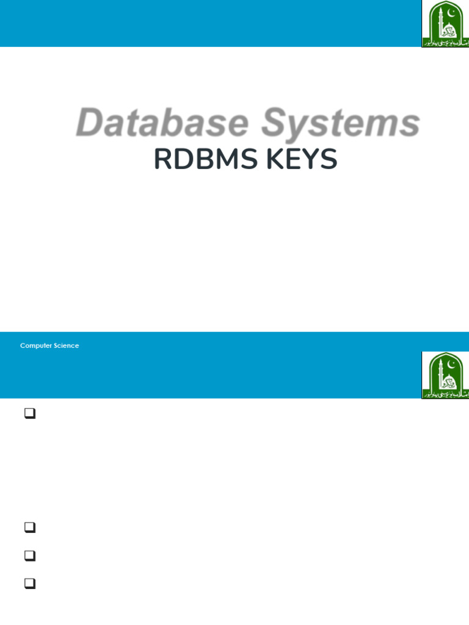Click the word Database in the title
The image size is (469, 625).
click(x=162, y=123)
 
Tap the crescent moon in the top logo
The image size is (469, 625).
click(x=453, y=11)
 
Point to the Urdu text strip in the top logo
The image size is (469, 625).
click(x=446, y=44)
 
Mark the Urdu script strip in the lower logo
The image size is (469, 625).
click(x=446, y=395)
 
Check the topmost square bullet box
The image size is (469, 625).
click(x=28, y=414)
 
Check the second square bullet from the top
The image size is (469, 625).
click(x=28, y=528)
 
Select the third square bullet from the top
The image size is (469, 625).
click(x=28, y=556)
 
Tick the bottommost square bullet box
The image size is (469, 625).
click(x=28, y=584)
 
